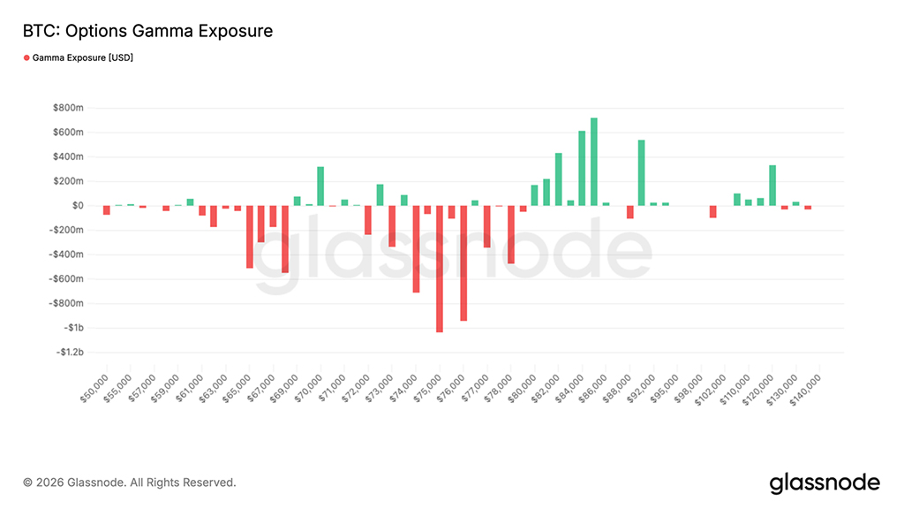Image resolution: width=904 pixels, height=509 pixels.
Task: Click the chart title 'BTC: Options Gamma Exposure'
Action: tap(147, 32)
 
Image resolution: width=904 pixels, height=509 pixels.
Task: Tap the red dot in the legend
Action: tap(26, 57)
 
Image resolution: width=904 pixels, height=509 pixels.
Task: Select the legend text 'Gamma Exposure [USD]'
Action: tap(83, 57)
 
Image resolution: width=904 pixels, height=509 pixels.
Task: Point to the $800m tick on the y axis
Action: tap(68, 108)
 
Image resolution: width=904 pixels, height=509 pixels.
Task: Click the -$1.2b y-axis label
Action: tap(69, 353)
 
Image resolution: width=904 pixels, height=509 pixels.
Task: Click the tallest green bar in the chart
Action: tap(594, 162)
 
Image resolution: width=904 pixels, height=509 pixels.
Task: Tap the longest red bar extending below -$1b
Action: tap(440, 269)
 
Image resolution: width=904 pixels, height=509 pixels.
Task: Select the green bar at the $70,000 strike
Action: tap(320, 186)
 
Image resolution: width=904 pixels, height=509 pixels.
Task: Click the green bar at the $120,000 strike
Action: tap(772, 186)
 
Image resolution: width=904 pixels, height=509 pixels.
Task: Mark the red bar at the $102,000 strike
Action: tap(713, 211)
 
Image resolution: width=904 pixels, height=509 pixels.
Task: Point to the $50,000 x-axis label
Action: tap(94, 388)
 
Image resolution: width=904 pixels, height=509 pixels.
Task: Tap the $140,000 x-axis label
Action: tap(806, 390)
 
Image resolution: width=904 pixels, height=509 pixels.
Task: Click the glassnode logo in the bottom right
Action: tap(825, 482)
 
